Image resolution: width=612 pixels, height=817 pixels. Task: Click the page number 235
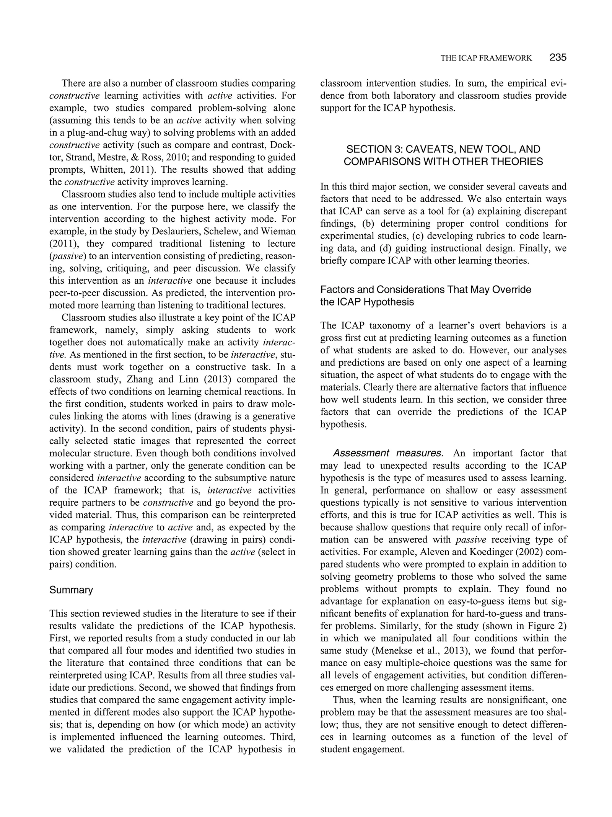coord(558,58)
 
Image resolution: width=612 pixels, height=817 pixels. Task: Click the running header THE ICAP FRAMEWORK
coord(486,58)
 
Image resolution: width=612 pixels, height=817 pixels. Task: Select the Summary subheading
coord(71,590)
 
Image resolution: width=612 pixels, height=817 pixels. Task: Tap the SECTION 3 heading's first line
coord(443,149)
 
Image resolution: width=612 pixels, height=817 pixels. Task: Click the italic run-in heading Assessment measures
coord(388,453)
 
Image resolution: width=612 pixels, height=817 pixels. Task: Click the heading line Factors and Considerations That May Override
coord(425,290)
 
